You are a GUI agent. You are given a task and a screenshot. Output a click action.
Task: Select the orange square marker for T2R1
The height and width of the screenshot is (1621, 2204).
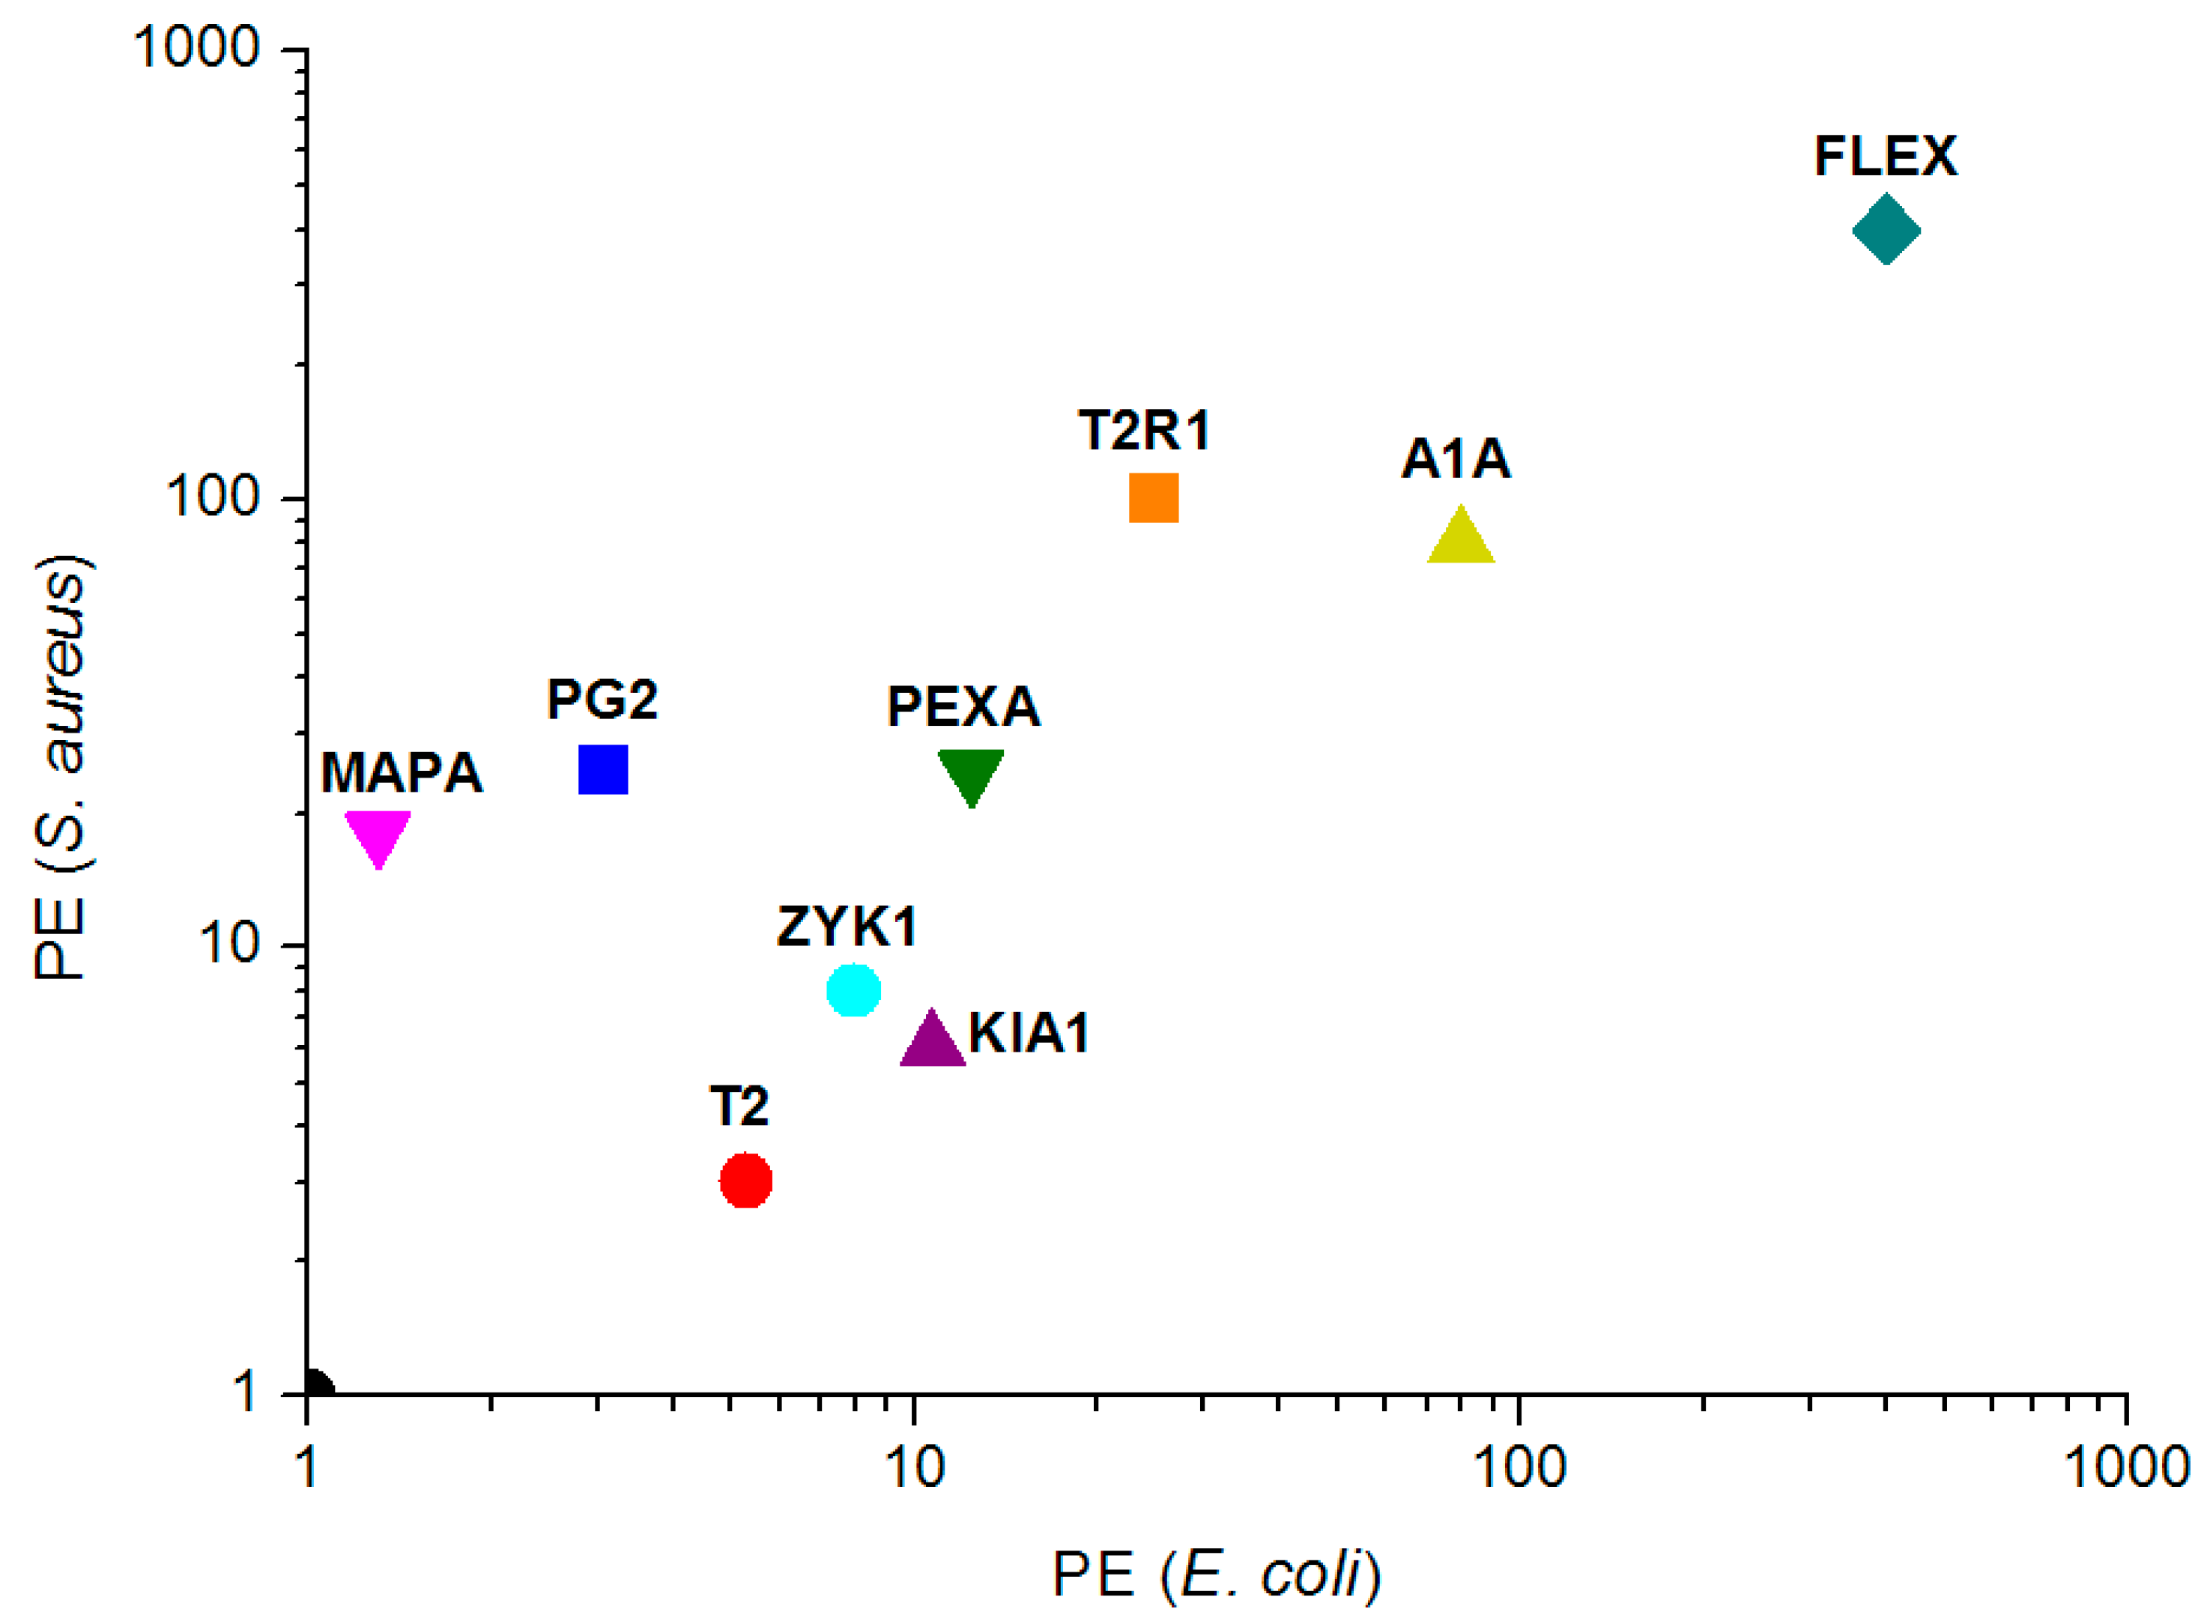point(1153,497)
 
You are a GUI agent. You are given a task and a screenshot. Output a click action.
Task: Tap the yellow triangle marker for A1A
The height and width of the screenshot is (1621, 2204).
point(1460,539)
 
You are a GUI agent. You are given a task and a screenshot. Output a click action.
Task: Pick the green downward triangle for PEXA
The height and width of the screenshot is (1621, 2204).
point(970,773)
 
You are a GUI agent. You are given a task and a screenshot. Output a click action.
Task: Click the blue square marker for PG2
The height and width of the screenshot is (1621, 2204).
point(602,769)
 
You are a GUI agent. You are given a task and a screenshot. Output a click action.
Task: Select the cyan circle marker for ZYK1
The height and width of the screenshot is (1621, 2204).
point(853,990)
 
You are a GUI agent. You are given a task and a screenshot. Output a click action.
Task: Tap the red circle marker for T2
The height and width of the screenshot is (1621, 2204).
point(746,1181)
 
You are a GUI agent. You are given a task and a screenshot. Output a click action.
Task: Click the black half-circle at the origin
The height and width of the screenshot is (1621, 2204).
point(317,1387)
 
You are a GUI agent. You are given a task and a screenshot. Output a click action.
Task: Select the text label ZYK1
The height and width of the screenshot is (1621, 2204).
point(847,927)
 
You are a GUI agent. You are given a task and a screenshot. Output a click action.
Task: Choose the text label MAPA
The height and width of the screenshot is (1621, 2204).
point(402,773)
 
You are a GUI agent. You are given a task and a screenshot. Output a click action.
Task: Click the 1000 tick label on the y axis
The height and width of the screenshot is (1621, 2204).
point(197,46)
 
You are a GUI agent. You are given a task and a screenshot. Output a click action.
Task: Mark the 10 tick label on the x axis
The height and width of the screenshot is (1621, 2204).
point(914,1469)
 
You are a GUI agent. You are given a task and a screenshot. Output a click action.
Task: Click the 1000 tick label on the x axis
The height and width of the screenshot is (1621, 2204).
point(2125,1469)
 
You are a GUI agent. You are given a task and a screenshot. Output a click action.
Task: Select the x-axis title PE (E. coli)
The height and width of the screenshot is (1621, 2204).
point(1216,1576)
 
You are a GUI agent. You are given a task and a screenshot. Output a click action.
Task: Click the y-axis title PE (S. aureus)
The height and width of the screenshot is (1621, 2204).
point(61,767)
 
